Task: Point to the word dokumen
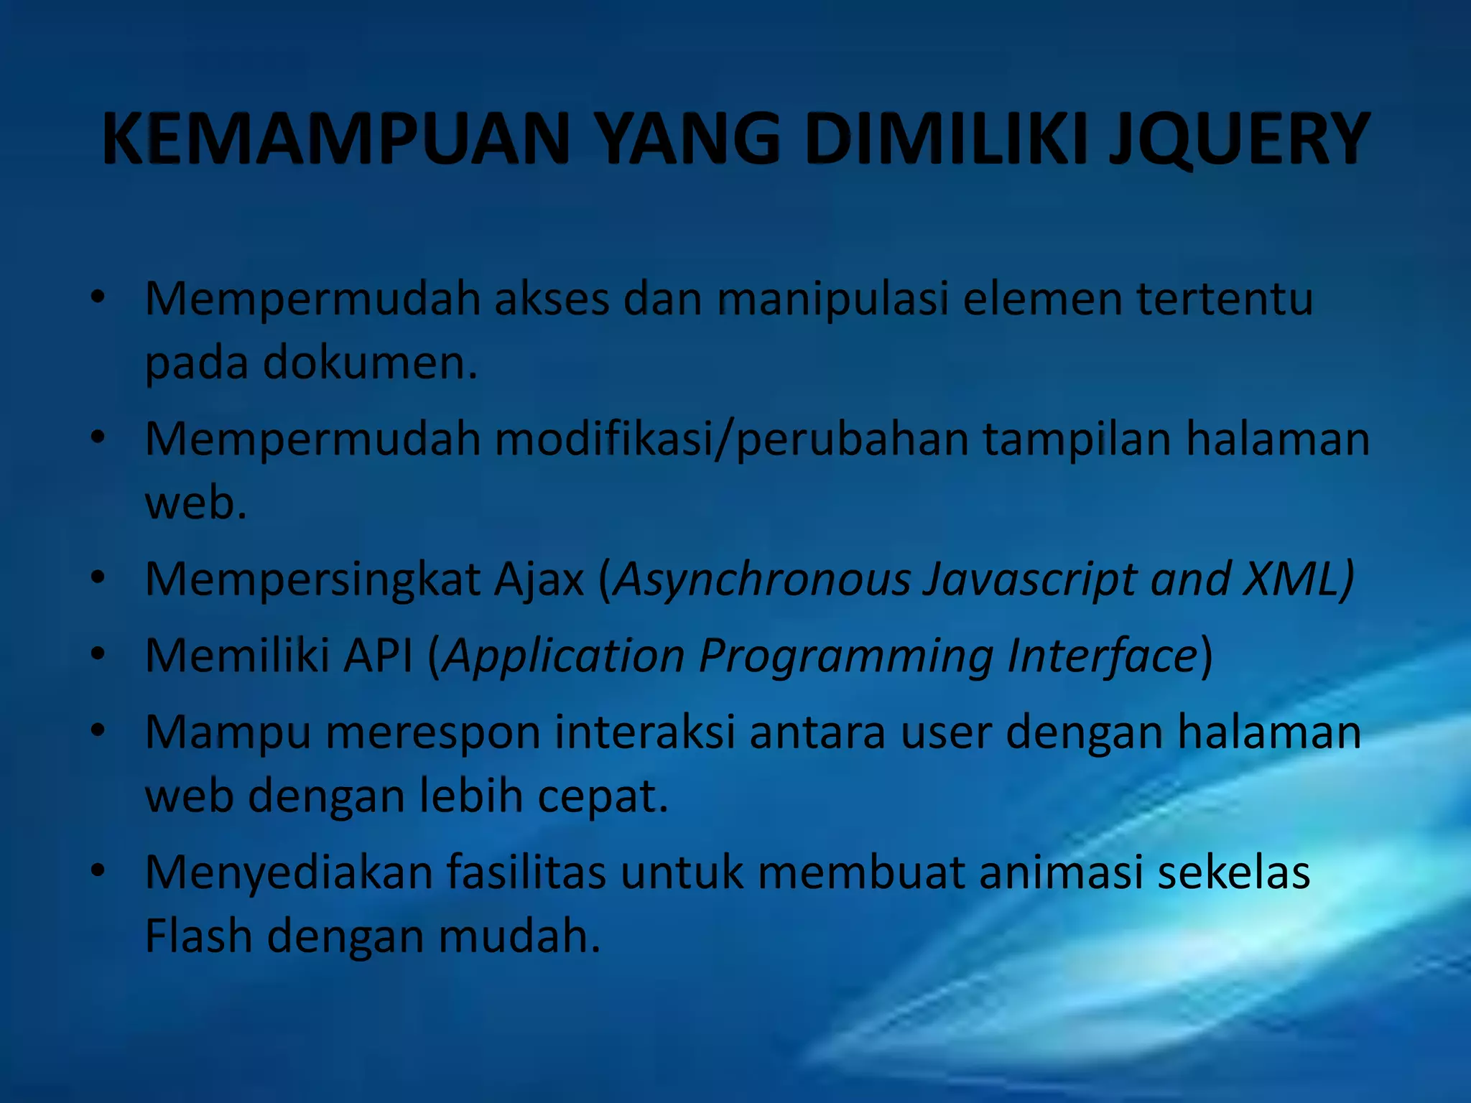click(369, 363)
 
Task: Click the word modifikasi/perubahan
click(732, 439)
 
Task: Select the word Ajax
click(539, 579)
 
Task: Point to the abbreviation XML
click(1290, 579)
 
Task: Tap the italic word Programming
click(846, 656)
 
